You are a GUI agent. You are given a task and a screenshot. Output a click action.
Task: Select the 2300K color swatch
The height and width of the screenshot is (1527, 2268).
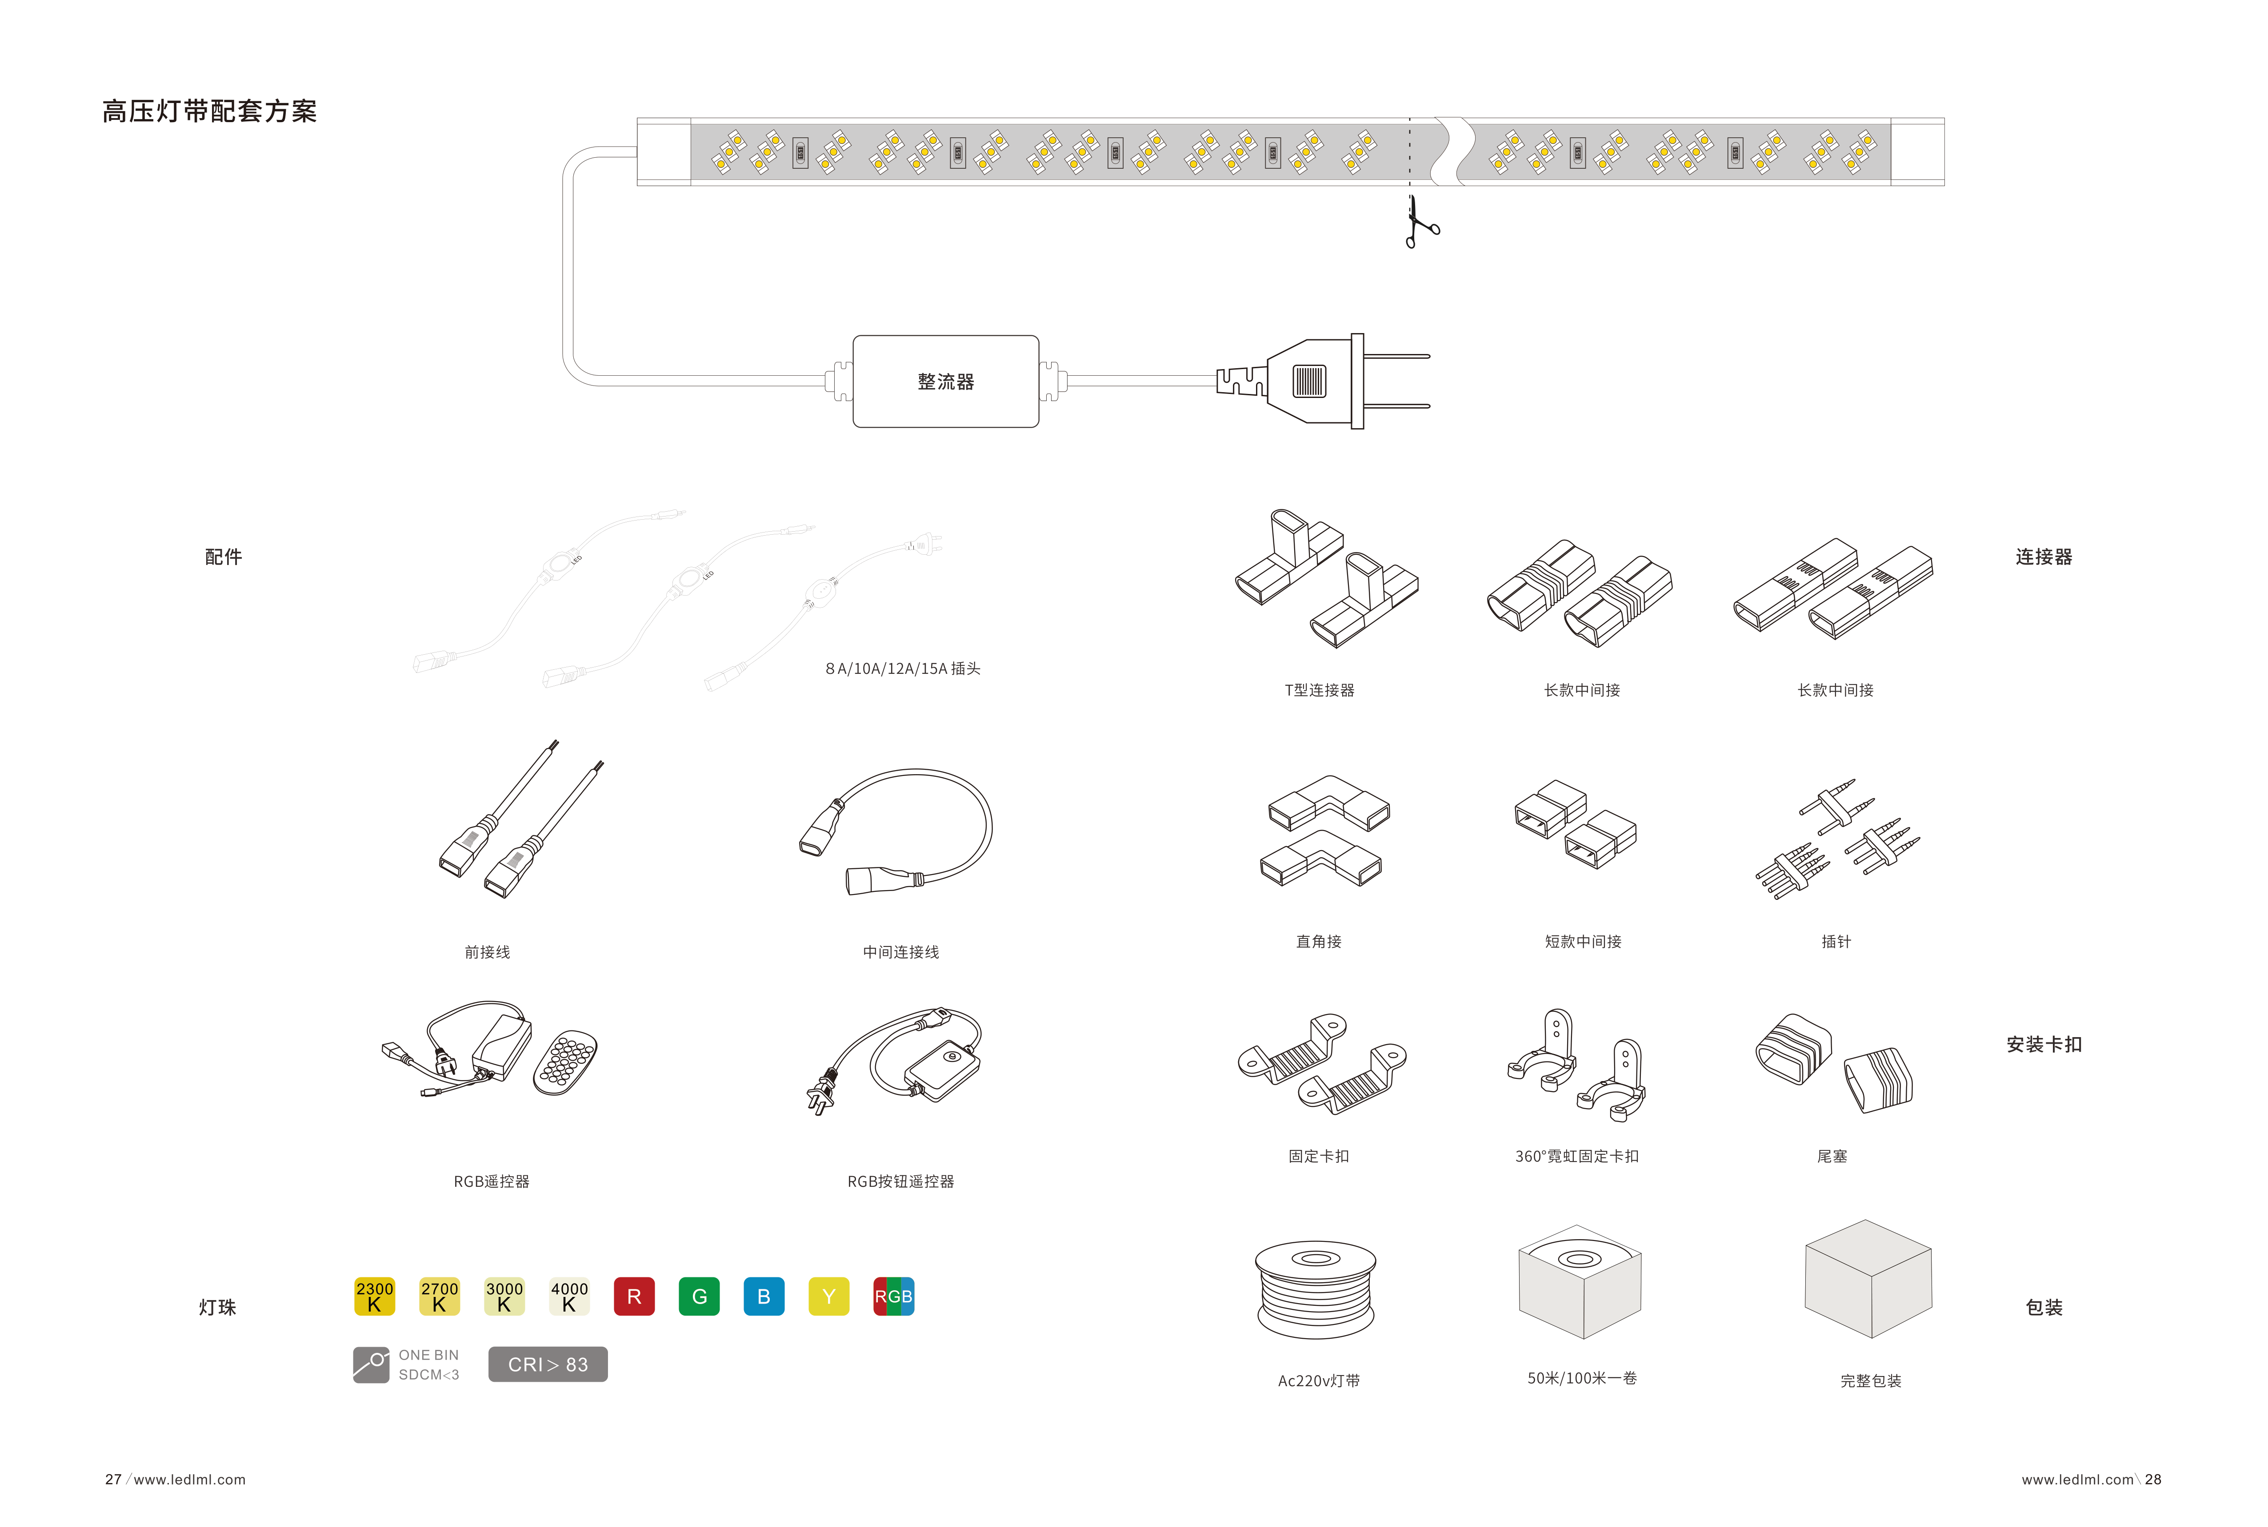point(374,1296)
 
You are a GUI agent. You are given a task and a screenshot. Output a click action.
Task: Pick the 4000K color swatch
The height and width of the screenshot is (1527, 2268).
point(569,1296)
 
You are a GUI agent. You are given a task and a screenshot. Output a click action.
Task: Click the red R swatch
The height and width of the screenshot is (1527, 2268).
point(634,1296)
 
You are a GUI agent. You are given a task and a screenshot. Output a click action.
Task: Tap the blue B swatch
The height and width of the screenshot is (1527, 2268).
point(764,1296)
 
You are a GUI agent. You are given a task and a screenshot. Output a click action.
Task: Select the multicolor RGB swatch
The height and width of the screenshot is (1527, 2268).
point(893,1296)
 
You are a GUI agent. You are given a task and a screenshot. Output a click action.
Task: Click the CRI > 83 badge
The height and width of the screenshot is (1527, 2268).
point(548,1364)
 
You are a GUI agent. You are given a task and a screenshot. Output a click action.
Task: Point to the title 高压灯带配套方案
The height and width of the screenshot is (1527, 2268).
point(209,111)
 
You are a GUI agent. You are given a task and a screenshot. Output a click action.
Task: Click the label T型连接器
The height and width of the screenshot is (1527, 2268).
point(1319,689)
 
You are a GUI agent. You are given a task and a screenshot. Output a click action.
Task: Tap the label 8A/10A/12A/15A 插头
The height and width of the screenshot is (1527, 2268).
point(902,668)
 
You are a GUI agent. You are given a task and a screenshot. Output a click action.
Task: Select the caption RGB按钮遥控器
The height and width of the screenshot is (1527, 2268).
point(900,1181)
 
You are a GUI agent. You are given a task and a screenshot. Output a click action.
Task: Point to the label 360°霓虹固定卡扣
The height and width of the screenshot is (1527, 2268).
point(1576,1156)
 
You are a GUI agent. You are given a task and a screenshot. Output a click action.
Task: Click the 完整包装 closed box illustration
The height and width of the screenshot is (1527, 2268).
point(1868,1279)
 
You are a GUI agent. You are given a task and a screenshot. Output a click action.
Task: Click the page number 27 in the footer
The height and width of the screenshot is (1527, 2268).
point(113,1479)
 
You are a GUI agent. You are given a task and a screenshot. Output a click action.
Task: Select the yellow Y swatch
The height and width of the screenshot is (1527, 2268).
point(829,1296)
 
